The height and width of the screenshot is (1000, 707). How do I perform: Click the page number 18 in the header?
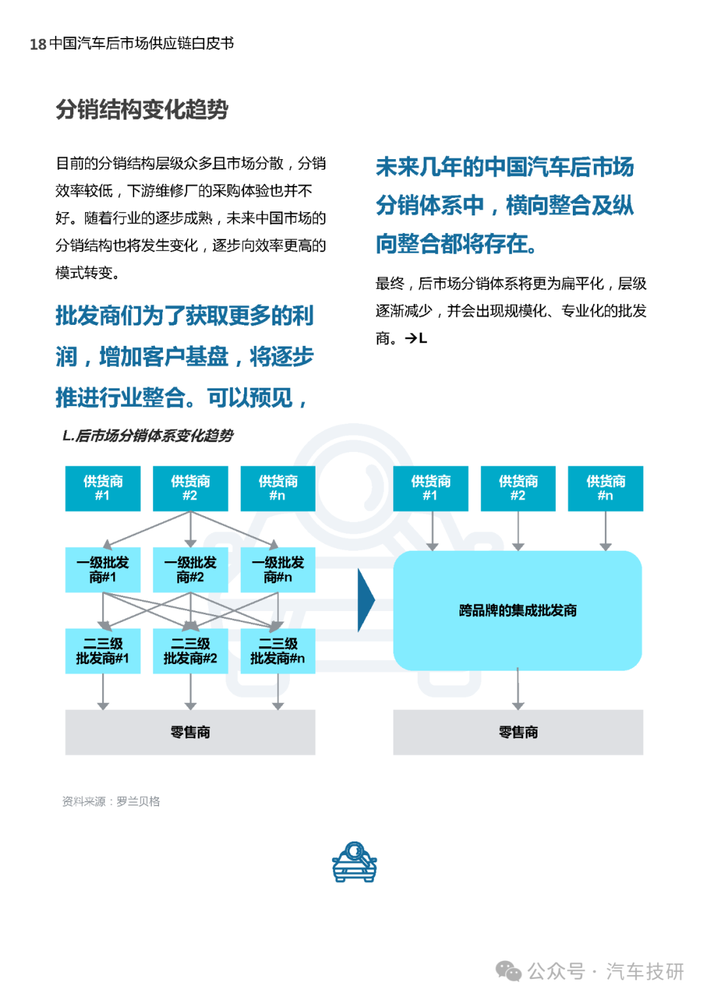[x=38, y=44]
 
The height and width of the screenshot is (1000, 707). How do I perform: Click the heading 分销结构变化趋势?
[x=142, y=110]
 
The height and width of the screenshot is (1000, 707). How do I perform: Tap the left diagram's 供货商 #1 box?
[x=103, y=489]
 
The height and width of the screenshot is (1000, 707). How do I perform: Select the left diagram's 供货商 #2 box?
[x=190, y=489]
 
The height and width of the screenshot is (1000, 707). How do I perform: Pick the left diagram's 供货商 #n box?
[x=278, y=489]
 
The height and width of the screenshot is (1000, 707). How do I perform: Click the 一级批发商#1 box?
[x=103, y=570]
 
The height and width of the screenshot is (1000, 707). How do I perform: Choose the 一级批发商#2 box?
[x=190, y=570]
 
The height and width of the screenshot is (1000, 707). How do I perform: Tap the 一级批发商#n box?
[x=278, y=570]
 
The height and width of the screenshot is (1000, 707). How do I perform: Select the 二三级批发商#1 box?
[x=103, y=651]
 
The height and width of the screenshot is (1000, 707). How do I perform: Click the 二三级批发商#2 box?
[x=190, y=651]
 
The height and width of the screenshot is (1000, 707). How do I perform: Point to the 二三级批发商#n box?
[x=278, y=651]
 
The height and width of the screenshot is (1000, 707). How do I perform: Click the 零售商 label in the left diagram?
[x=190, y=732]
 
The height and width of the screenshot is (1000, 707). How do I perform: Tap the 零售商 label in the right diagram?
[x=518, y=732]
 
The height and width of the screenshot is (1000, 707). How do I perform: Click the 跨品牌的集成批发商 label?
[x=518, y=610]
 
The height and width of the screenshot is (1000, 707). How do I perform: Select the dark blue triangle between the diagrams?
[x=366, y=600]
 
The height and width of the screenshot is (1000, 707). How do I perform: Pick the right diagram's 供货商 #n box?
[x=606, y=489]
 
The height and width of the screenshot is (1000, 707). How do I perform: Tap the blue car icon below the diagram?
[x=354, y=862]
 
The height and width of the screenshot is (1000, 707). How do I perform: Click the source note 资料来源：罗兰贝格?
[x=111, y=802]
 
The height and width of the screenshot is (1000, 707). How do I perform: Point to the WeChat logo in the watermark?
[x=509, y=971]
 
